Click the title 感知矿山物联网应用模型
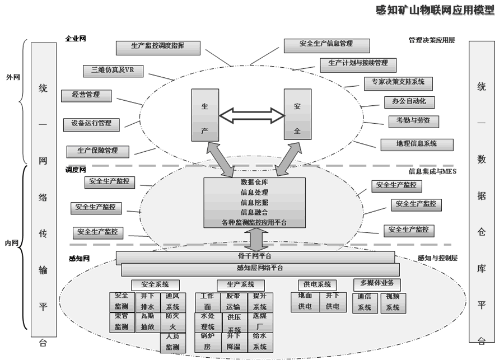(435, 10)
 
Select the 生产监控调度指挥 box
(157, 48)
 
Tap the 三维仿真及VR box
(113, 71)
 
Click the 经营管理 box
(86, 95)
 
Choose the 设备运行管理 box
(91, 124)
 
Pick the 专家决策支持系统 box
(398, 83)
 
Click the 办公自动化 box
(409, 102)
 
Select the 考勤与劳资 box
(413, 121)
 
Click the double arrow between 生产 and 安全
(251, 116)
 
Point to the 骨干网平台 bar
(255, 256)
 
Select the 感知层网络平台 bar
(260, 269)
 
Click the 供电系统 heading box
(318, 284)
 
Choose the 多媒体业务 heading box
(377, 284)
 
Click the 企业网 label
(75, 39)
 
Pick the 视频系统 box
(393, 302)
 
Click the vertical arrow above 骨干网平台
(255, 240)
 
